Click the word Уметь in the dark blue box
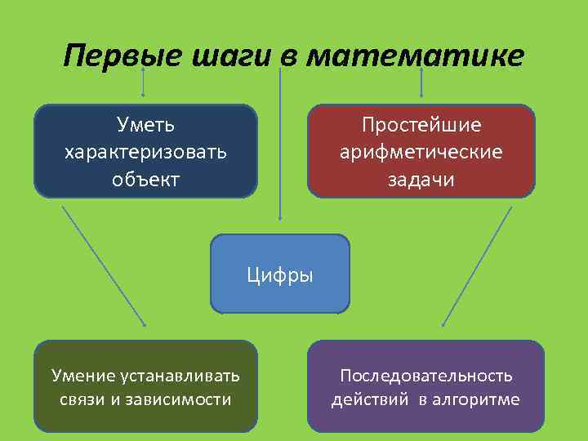145,127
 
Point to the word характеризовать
145,153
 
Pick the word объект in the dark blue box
145,179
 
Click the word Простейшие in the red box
421,127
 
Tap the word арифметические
421,153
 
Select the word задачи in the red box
421,179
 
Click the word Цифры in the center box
280,274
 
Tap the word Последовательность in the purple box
426,376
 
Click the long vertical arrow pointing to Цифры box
280,147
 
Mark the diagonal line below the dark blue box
104,265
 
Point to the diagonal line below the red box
477,265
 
